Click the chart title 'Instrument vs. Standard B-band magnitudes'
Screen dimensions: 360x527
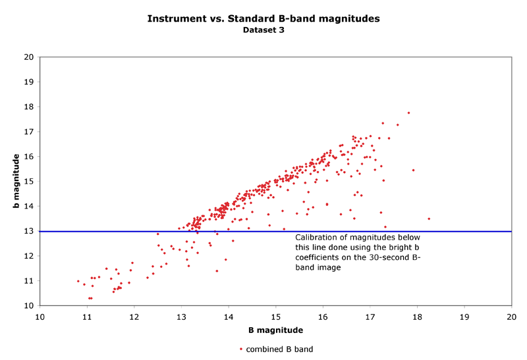tap(263, 18)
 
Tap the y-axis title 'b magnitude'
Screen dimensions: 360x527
tap(16, 182)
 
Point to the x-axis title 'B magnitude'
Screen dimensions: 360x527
tap(275, 330)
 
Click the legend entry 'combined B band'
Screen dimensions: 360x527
tap(279, 349)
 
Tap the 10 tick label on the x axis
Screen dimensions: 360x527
tap(40, 317)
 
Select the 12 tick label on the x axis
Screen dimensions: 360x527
tap(134, 317)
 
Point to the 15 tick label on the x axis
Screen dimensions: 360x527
tap(276, 317)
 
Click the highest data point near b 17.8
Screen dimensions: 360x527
tap(408, 113)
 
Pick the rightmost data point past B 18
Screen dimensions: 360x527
tap(429, 219)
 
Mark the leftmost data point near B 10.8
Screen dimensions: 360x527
tap(78, 281)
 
